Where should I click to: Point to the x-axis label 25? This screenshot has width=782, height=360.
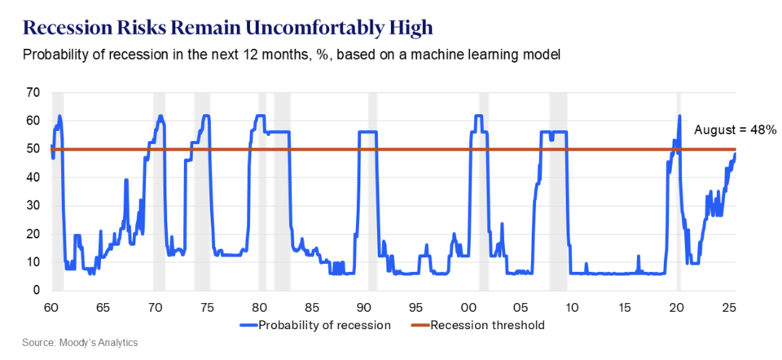(730, 309)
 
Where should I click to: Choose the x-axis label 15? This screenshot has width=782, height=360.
(625, 309)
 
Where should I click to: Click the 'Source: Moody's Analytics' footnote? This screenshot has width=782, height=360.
(80, 342)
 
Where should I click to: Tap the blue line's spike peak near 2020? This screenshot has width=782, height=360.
(679, 116)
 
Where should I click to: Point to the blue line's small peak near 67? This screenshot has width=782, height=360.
(126, 180)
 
